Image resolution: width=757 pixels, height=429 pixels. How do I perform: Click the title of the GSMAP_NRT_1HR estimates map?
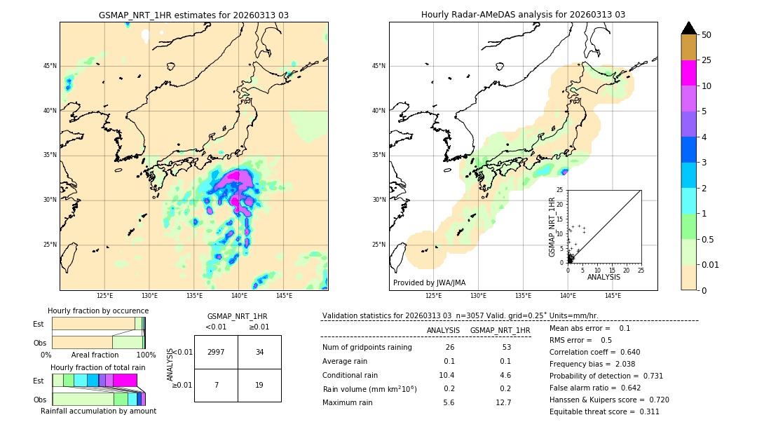(193, 15)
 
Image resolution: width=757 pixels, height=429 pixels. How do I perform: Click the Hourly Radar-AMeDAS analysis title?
(523, 15)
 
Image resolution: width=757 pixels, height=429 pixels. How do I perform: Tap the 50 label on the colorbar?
(707, 35)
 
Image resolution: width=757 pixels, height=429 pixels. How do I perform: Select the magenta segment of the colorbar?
(688, 73)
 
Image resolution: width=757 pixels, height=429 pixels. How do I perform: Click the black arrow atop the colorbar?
(688, 28)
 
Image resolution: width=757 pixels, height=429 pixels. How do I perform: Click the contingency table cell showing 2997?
(216, 352)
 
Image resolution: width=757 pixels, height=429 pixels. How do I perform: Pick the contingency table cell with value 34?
(259, 352)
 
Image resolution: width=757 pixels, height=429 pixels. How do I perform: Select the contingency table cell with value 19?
(259, 385)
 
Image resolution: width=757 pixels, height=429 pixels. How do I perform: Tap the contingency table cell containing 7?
(216, 385)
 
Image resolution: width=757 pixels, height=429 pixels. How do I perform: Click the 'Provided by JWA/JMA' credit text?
(429, 282)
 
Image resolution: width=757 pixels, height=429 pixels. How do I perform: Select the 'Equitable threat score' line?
(604, 411)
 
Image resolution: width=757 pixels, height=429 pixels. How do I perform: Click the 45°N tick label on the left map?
(50, 66)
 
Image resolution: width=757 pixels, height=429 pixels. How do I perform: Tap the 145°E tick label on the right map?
(613, 296)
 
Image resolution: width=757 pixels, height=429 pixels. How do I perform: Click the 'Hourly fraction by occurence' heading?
(98, 311)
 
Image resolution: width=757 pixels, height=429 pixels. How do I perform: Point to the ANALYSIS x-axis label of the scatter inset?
(603, 277)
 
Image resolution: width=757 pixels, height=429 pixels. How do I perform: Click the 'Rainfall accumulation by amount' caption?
(98, 411)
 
